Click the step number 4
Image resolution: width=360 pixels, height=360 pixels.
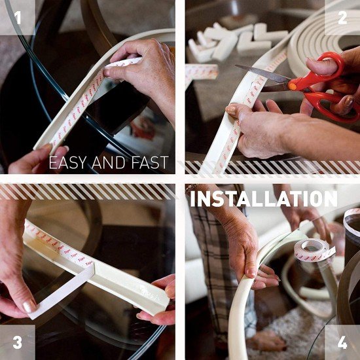[x=342, y=342]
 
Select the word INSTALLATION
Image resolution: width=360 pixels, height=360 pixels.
[x=263, y=198]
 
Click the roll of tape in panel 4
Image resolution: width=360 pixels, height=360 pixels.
[x=313, y=251]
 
